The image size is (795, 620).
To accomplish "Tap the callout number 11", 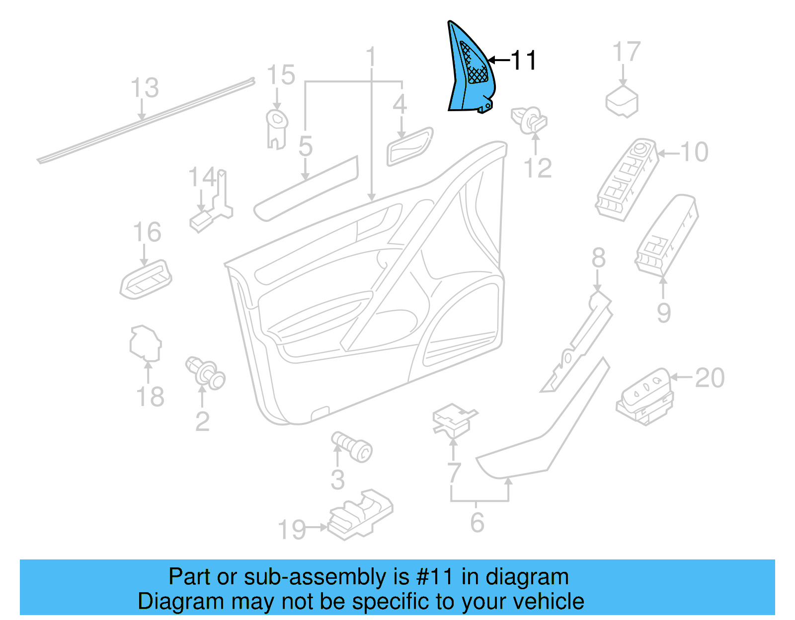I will (523, 61).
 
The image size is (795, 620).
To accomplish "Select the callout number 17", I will (626, 52).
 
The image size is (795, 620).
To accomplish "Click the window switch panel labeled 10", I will (627, 179).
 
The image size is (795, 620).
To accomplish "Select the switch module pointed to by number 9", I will (667, 235).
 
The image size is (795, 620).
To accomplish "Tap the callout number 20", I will (709, 378).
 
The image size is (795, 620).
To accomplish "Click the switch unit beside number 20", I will (645, 397).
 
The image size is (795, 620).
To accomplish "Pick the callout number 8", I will (598, 258).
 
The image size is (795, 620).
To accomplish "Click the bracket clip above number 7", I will (454, 420).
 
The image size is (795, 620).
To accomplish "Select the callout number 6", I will (477, 522).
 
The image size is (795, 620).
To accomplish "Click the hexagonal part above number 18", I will (145, 343).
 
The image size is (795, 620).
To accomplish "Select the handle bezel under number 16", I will (146, 279).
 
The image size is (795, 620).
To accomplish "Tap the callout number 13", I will (145, 88).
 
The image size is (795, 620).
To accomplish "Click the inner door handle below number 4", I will (410, 146).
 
